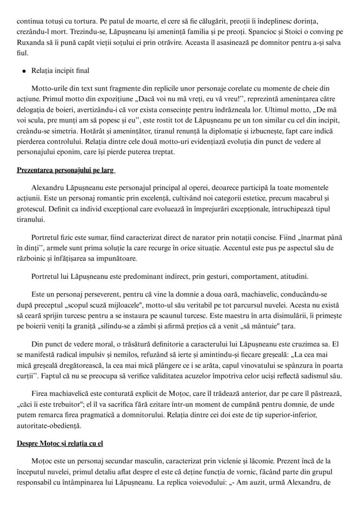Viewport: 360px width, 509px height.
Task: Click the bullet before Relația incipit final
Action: (20, 70)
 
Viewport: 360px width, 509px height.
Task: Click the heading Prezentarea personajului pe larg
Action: (66, 170)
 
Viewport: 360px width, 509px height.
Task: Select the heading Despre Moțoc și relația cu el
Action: (60, 443)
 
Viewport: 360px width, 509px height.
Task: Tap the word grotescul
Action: (32, 209)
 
